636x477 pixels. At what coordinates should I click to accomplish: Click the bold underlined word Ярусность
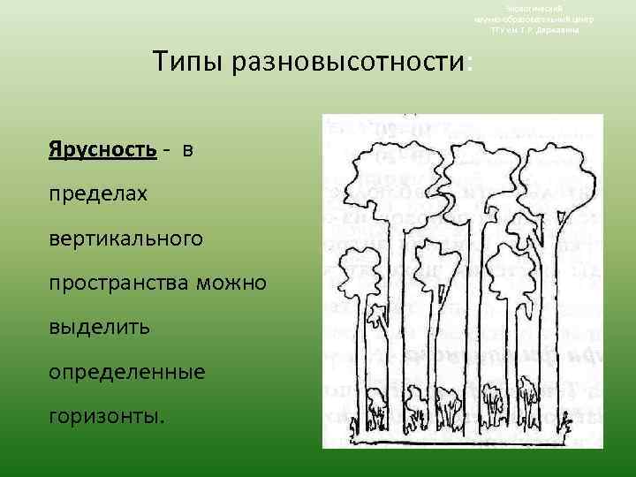tap(102, 149)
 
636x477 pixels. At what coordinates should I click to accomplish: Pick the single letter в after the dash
tap(187, 150)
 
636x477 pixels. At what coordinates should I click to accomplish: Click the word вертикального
tap(126, 238)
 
